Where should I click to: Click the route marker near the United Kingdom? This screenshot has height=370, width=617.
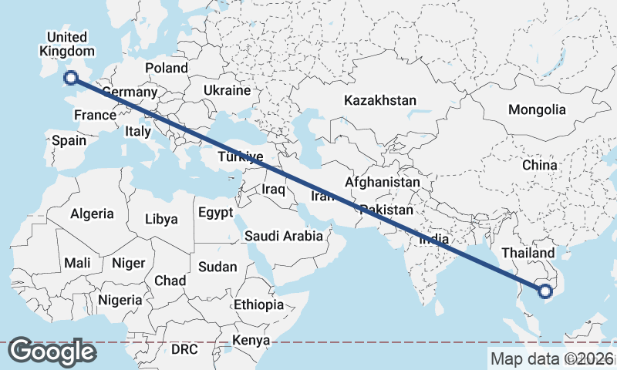point(71,77)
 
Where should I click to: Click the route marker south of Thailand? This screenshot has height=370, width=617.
point(545,291)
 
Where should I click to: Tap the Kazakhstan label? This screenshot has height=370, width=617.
point(380,101)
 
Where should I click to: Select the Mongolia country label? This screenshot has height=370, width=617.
point(537,110)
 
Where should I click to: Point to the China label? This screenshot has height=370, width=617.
point(539,165)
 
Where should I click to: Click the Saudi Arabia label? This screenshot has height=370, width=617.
point(284,236)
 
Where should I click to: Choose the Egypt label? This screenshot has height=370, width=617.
point(215,212)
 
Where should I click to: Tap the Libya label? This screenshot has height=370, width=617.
point(161,219)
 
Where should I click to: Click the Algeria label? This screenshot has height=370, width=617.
point(92,214)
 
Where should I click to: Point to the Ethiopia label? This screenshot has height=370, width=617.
point(259,304)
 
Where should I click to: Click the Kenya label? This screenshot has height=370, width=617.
point(251,340)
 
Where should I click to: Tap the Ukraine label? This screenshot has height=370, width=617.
point(227,90)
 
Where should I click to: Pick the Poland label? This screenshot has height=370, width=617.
point(166,68)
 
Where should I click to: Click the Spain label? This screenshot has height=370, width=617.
point(69,141)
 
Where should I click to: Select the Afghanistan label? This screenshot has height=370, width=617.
point(383,183)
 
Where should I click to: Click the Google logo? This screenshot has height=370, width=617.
point(52,351)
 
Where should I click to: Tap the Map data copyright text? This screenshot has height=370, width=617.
point(552,358)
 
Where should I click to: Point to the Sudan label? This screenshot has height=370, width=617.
point(217,267)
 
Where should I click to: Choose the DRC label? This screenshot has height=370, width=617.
point(184,349)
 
